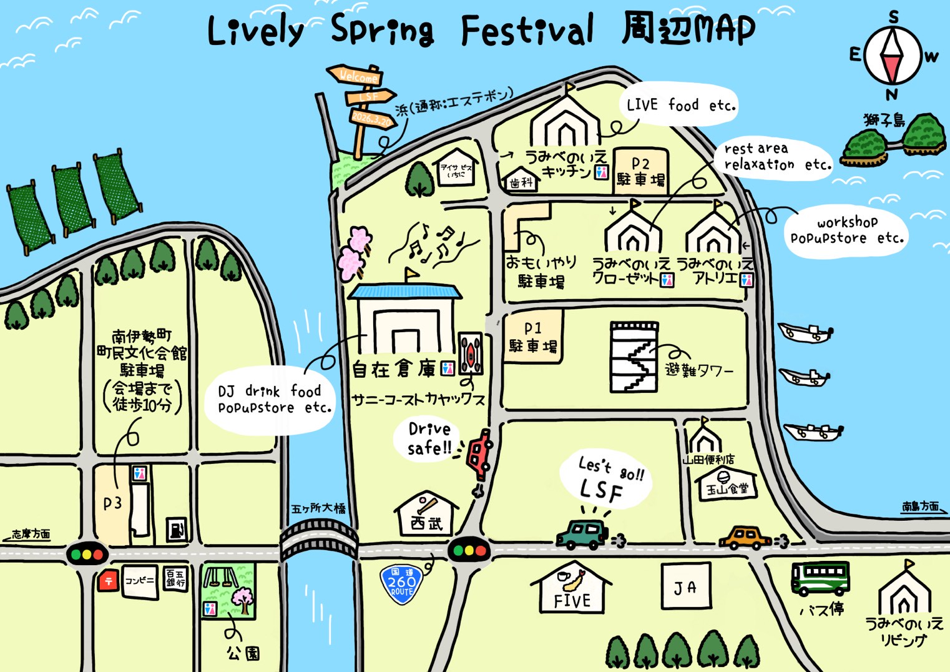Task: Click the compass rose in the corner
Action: pyautogui.click(x=893, y=55)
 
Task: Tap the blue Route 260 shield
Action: pyautogui.click(x=401, y=585)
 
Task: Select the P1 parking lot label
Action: pyautogui.click(x=533, y=337)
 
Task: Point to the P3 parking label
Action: pyautogui.click(x=112, y=503)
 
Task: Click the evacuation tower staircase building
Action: pyautogui.click(x=634, y=358)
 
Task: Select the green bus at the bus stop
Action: pyautogui.click(x=820, y=578)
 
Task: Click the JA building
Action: pyautogui.click(x=685, y=586)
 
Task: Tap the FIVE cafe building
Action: pyautogui.click(x=571, y=590)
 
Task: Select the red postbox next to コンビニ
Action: pyautogui.click(x=108, y=581)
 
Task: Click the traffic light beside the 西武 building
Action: pyautogui.click(x=468, y=550)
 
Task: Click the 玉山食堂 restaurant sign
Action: pyautogui.click(x=727, y=485)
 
